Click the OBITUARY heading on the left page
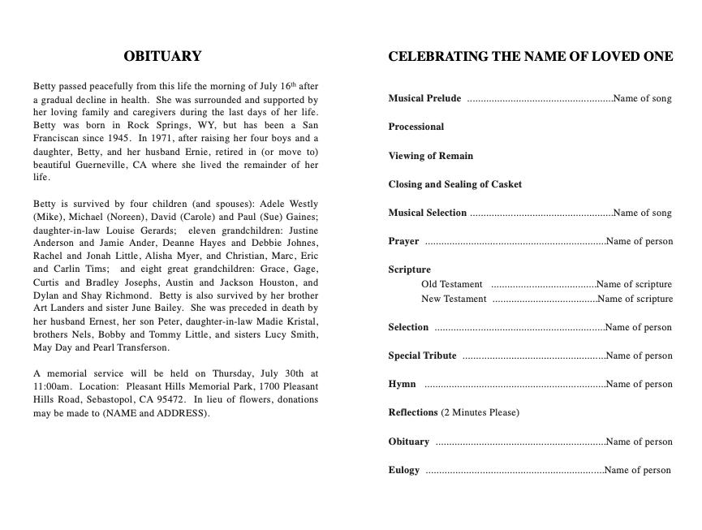pos(162,57)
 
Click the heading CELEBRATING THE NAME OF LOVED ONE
pos(531,57)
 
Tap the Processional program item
pos(416,127)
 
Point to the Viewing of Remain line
pos(430,156)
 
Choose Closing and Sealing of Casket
pos(454,184)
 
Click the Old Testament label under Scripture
pos(452,285)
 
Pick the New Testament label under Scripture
pos(454,299)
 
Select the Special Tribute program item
pos(422,355)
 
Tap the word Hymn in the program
pos(402,385)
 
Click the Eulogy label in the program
pos(404,470)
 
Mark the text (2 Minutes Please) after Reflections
pos(480,413)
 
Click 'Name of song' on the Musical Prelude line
pos(643,99)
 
